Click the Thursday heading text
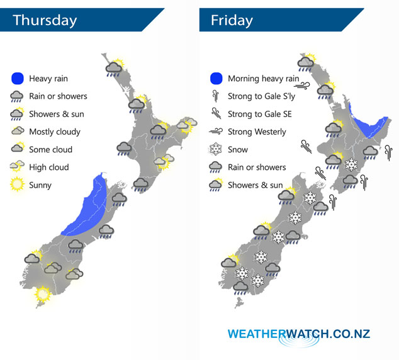45,20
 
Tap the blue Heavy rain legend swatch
18,79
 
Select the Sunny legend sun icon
18,185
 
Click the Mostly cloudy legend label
55,132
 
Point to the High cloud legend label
49,167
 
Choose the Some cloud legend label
51,150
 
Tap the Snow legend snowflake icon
216,150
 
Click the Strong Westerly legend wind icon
216,132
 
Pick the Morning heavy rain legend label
263,79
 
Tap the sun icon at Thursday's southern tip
43,293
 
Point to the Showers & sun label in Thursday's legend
57,115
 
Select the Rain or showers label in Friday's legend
257,167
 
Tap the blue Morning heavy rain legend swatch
216,79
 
